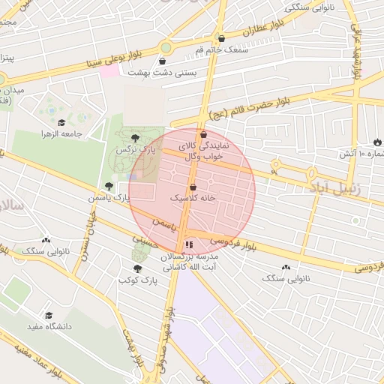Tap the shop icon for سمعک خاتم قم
tap(220, 37)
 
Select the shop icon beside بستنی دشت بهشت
tap(163, 61)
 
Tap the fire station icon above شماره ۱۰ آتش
tap(376, 142)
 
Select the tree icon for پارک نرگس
tap(135, 138)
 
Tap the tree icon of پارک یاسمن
tap(109, 185)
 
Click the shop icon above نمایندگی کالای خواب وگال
tap(203, 135)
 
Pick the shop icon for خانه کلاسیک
tap(193, 187)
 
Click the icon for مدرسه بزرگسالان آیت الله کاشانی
tap(189, 244)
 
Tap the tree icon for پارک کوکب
tap(137, 268)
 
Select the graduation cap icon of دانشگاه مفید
tap(49, 315)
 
